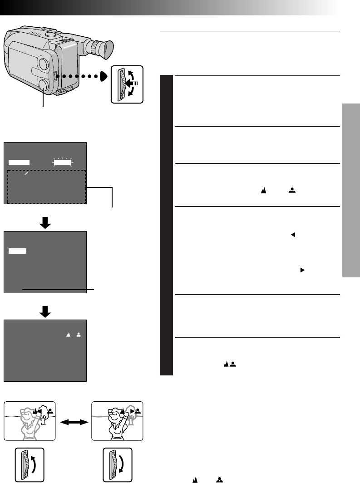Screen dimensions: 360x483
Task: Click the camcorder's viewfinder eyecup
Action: (x=101, y=49)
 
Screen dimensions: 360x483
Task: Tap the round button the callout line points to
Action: (x=44, y=85)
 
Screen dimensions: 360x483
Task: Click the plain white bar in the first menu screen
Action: (x=19, y=162)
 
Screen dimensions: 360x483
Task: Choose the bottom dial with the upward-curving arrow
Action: (x=29, y=464)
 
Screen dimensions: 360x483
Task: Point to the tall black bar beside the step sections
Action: (x=166, y=225)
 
